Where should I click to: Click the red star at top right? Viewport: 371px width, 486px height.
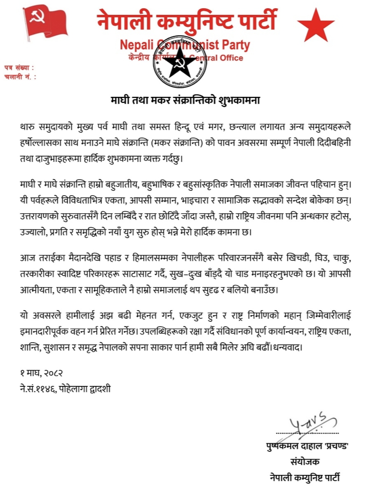[316, 25]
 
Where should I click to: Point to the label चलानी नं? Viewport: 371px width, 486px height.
[19, 77]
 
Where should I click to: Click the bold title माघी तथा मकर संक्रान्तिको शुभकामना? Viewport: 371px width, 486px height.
[185, 100]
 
